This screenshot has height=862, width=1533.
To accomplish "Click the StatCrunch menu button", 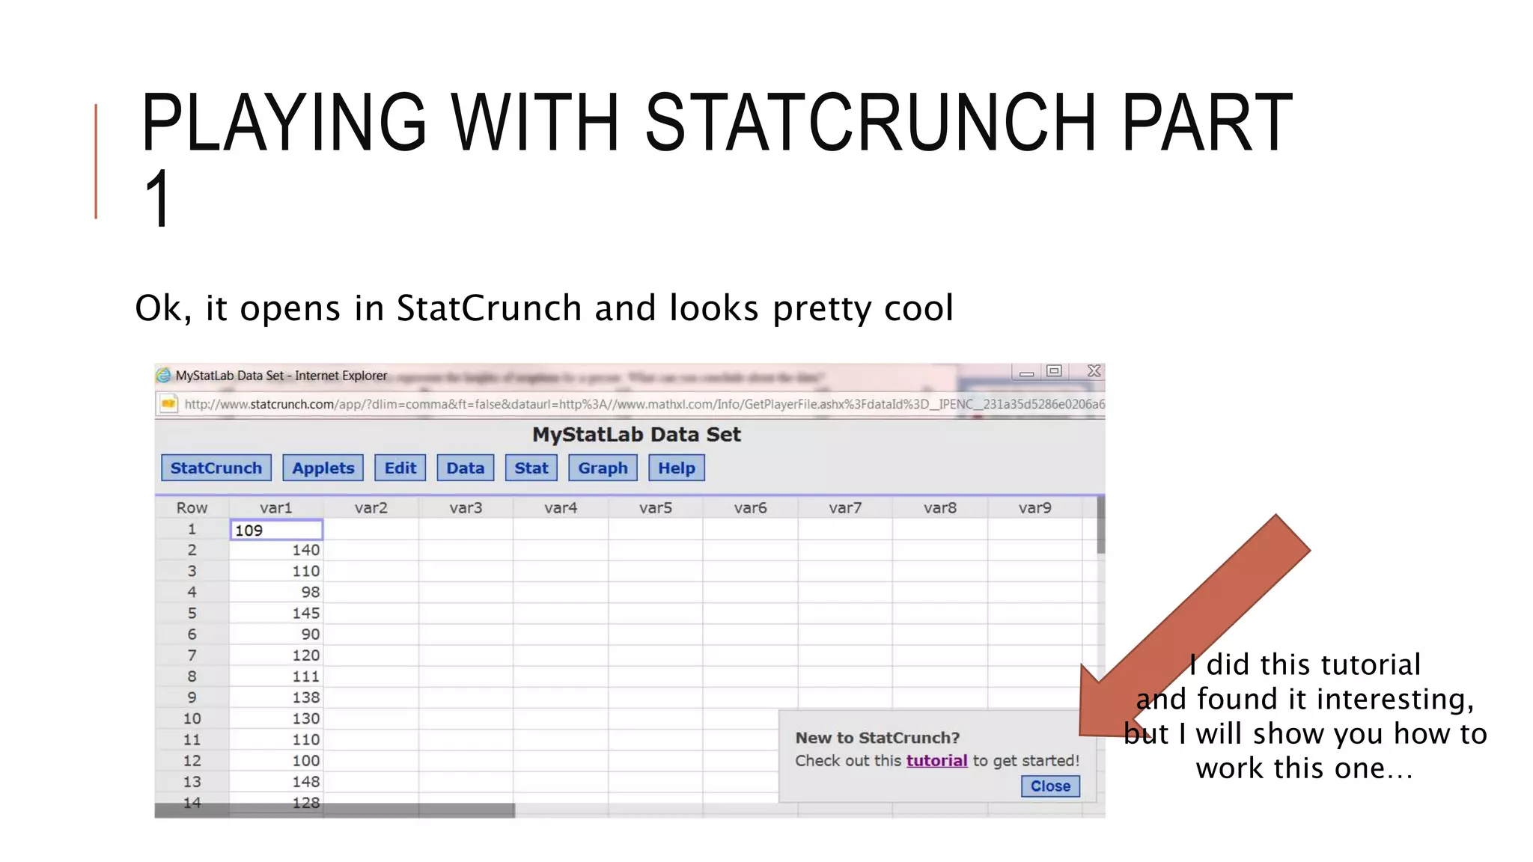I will click(216, 468).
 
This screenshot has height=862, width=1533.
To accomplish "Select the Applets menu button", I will click(323, 468).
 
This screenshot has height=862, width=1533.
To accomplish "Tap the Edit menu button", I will click(400, 468).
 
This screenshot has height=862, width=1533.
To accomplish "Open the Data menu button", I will click(465, 468).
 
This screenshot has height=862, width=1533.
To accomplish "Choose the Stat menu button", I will click(531, 468).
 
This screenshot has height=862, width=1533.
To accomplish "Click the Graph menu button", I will click(603, 468).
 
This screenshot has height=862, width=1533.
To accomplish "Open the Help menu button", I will click(676, 468).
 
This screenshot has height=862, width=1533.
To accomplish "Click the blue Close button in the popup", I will click(1049, 786).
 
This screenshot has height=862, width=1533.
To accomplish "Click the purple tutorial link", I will click(936, 760).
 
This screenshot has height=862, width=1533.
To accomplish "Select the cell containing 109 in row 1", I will click(276, 530).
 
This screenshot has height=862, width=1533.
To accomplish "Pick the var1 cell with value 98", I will click(276, 592).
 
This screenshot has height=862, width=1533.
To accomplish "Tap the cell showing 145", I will click(276, 613).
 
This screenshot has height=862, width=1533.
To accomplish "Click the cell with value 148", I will click(276, 781).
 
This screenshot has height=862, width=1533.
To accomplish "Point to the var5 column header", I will click(655, 508).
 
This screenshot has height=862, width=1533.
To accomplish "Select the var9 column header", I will click(1034, 508).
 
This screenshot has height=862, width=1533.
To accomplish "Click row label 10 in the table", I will click(192, 718).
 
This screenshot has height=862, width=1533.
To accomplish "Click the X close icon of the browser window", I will click(1094, 371).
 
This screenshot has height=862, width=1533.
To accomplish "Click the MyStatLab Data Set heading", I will click(636, 435).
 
